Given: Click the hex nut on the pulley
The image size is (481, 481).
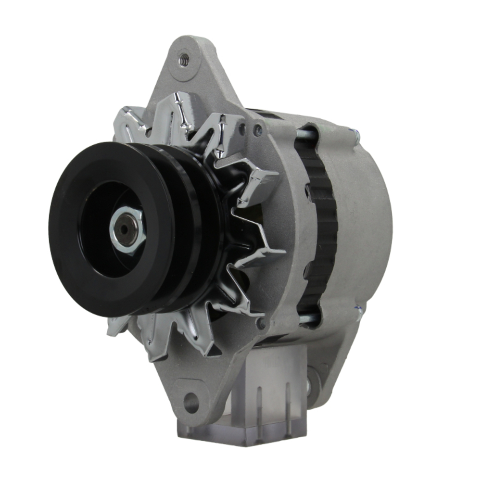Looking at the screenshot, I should pyautogui.click(x=127, y=230).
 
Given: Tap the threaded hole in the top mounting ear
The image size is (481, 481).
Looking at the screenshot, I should pyautogui.click(x=183, y=60).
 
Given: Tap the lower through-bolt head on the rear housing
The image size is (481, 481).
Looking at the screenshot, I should pyautogui.click(x=358, y=313).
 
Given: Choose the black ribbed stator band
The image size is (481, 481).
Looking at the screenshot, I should pyautogui.click(x=320, y=226).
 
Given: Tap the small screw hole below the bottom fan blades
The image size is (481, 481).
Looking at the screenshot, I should pyautogui.click(x=261, y=324).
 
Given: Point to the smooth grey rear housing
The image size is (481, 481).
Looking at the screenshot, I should pyautogui.click(x=366, y=216).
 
